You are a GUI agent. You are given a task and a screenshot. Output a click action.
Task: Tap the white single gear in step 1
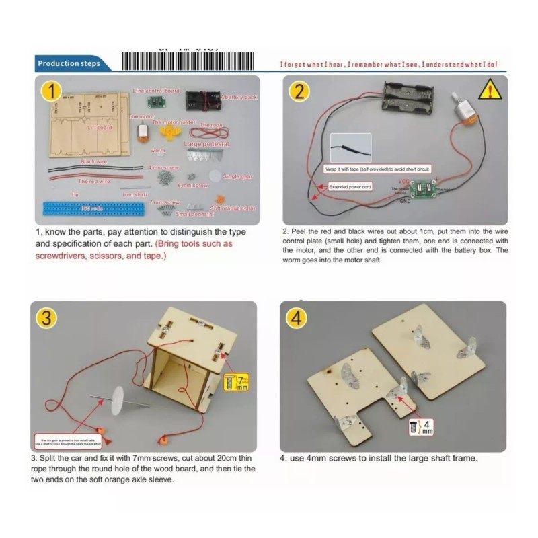pos(215,175)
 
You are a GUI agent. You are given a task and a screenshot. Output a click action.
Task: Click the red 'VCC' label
pos(403,182)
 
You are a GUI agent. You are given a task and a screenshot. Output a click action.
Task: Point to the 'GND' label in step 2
pos(405,200)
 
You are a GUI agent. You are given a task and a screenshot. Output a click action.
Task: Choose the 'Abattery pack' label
pos(239,97)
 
